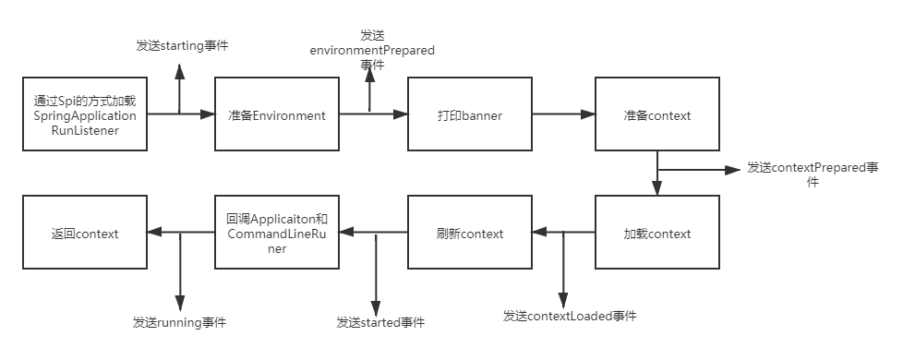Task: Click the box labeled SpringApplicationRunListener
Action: coord(84,115)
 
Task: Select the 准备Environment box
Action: coord(277,115)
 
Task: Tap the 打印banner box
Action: coord(469,115)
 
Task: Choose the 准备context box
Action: coord(656,115)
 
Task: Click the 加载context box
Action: coord(656,234)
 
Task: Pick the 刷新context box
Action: coord(469,234)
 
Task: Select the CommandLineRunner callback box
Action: coord(277,234)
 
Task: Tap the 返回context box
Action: coord(84,234)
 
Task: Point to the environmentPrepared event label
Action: coord(371,46)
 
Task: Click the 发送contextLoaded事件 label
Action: coord(569,316)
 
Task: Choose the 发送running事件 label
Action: coord(179,322)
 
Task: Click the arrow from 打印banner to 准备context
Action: coord(563,115)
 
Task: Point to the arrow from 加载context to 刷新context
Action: coord(563,234)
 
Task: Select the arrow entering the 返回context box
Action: coord(180,234)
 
